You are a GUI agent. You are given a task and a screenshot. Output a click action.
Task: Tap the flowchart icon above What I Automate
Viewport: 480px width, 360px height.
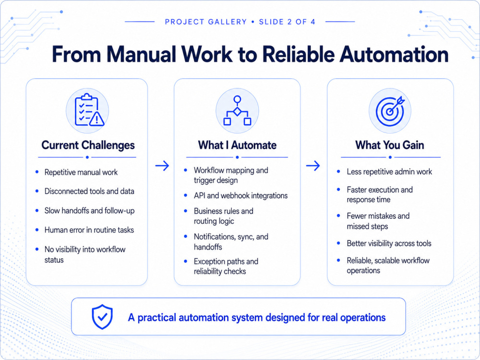pos(237,110)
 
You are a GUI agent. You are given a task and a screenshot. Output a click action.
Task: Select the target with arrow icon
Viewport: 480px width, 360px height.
pos(390,111)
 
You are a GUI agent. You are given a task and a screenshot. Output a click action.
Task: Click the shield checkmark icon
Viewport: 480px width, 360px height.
pos(102,317)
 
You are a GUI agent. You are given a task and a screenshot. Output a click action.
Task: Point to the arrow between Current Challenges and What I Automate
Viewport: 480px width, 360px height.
pos(162,166)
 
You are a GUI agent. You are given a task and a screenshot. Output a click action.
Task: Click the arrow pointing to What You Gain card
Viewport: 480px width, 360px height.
pos(313,166)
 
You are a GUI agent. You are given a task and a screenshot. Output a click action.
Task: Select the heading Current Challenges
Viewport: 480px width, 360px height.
pos(88,145)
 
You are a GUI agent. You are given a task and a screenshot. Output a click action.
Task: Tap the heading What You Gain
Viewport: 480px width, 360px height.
pos(390,145)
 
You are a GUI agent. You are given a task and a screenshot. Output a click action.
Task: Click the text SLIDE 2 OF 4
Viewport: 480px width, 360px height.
pos(287,22)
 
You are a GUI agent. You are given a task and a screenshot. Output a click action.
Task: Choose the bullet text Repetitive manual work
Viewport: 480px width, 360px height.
pos(81,172)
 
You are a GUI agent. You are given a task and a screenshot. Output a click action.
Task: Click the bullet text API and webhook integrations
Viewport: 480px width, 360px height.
pos(240,196)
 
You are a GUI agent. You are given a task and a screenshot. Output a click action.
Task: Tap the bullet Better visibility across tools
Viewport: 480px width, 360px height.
pos(389,243)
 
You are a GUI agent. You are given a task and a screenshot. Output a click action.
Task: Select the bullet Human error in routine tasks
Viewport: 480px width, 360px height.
pos(89,230)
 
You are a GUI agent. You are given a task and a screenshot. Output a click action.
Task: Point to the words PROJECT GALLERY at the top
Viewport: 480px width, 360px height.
pos(206,22)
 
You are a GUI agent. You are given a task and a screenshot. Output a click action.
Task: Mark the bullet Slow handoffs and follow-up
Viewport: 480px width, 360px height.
pos(89,211)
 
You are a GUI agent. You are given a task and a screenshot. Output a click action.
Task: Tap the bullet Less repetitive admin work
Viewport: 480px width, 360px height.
pos(389,172)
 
